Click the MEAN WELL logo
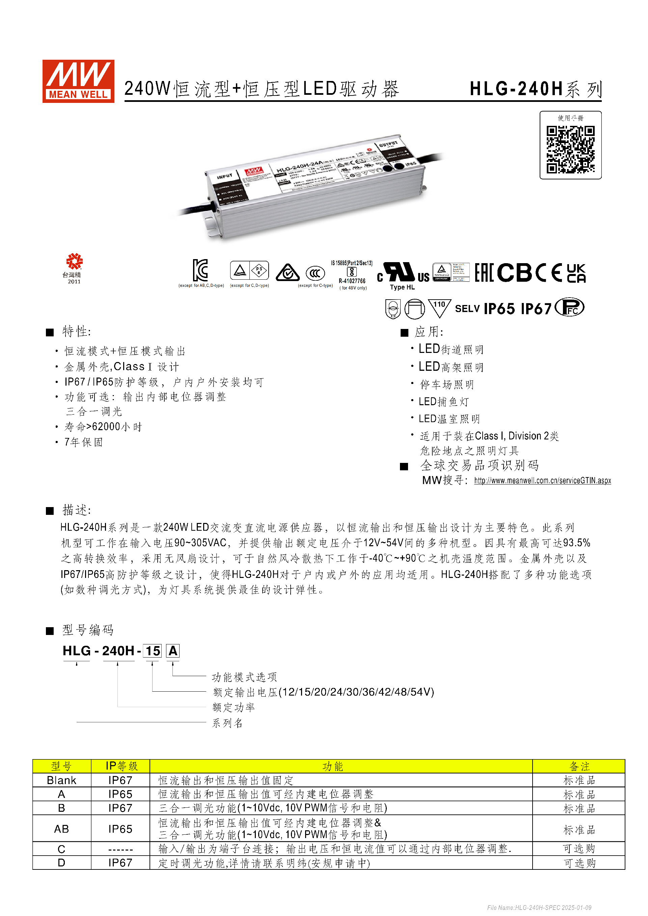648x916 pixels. coord(78,81)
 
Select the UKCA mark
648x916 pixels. coord(576,273)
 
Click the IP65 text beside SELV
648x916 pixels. coord(499,309)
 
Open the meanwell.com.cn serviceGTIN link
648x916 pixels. coord(542,481)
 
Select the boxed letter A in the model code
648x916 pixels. coord(173,651)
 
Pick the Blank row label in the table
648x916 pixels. coord(61,780)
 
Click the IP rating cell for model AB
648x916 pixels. coord(120,829)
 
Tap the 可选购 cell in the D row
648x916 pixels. coord(579,863)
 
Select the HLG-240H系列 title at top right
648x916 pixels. coord(535,89)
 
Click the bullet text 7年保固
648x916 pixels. coord(84,442)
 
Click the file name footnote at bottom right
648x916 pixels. coord(539,908)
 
